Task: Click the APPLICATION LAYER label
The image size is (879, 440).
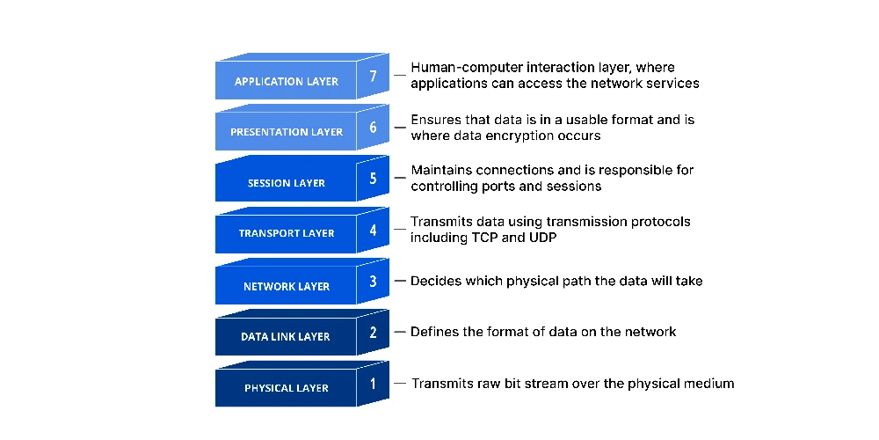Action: (287, 81)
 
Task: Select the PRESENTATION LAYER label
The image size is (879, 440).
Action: (287, 132)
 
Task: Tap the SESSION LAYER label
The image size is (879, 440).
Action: (287, 183)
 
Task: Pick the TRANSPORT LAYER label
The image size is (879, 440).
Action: (287, 233)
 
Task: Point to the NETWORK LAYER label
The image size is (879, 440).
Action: (287, 286)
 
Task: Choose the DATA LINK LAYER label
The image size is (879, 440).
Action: (286, 337)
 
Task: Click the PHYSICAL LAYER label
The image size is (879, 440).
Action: (287, 388)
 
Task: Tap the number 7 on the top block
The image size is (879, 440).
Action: (374, 76)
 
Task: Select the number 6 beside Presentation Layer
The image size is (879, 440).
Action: (374, 127)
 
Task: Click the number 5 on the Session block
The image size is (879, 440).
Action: (374, 178)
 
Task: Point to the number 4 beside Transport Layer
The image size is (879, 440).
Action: (374, 230)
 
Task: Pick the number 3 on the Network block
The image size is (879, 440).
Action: (374, 281)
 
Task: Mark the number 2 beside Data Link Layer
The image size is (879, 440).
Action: (374, 333)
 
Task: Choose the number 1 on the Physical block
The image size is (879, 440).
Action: (374, 384)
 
